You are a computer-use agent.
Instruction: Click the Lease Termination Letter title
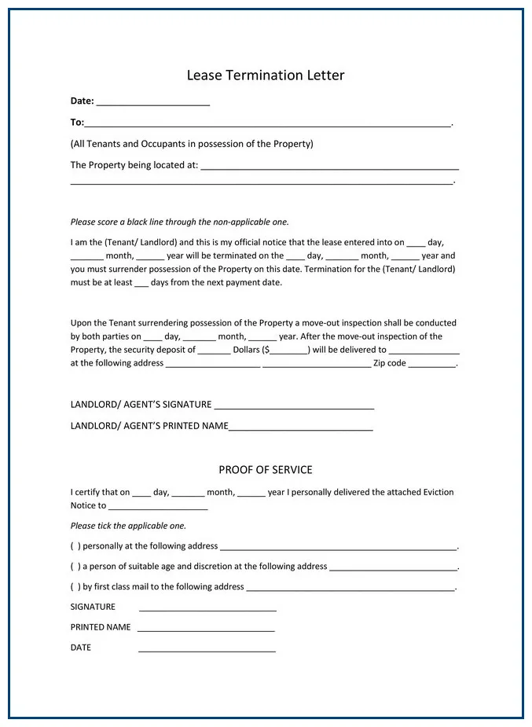pos(266,75)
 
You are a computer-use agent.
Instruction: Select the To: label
pos(77,123)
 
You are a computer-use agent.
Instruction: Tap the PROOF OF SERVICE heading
pos(266,470)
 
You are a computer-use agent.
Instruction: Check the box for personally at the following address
pos(75,546)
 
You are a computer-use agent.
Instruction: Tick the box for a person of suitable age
pos(75,567)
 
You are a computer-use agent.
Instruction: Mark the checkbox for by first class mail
pos(75,587)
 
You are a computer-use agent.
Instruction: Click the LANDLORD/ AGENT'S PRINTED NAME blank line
pos(300,428)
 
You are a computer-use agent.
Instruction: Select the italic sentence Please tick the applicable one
pos(128,526)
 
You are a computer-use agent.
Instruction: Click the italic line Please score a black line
pos(179,222)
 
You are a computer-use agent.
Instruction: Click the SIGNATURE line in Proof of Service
pos(207,609)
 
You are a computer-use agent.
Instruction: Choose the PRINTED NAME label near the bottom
pos(101,627)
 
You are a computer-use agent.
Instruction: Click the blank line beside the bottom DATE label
pos(207,650)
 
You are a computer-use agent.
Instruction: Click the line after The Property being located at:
pos(329,167)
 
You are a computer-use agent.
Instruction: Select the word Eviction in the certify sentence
pos(438,492)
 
